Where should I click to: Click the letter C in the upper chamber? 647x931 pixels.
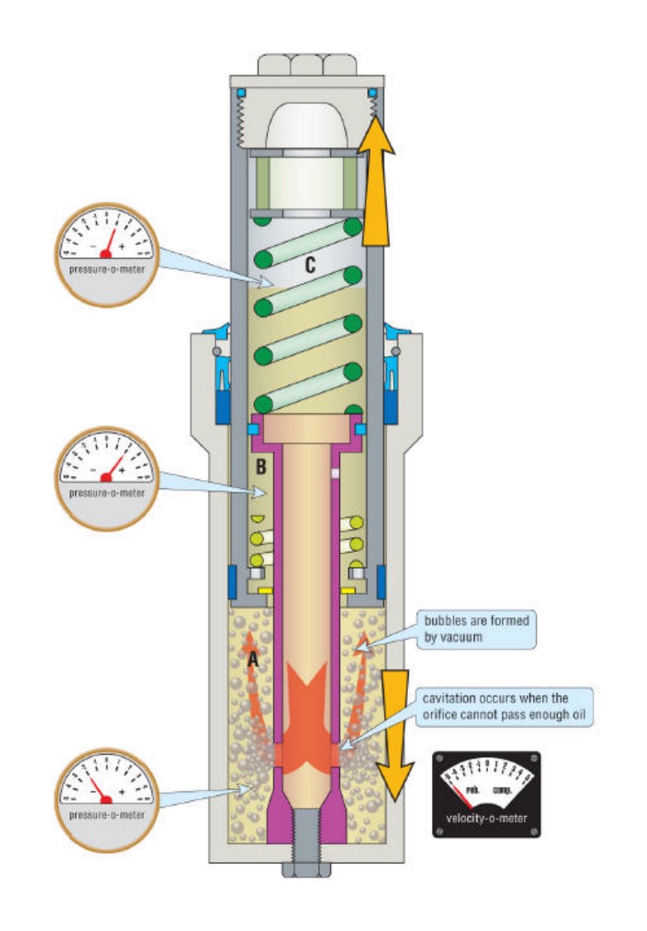coord(309,266)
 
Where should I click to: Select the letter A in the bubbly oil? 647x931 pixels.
coord(254,658)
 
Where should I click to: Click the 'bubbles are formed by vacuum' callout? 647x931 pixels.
coord(475,629)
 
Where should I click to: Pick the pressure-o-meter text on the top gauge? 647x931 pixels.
coord(106,269)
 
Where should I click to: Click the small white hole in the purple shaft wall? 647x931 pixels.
coord(335,473)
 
